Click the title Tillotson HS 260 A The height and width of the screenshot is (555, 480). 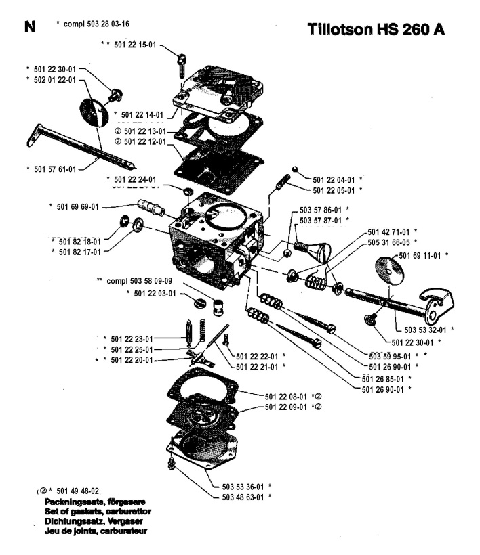click(381, 30)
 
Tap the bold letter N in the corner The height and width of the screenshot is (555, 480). click(28, 27)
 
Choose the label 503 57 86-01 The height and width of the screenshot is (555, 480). click(323, 210)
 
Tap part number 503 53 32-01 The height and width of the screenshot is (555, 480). click(426, 330)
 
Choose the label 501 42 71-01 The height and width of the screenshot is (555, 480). click(391, 231)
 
